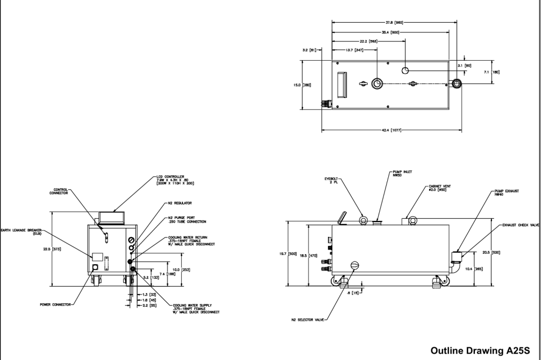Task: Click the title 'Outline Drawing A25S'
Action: (x=479, y=350)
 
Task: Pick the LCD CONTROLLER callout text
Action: (x=176, y=180)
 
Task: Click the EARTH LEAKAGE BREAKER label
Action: (x=20, y=232)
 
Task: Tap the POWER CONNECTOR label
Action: (x=55, y=304)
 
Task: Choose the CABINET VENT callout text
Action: (x=440, y=188)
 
